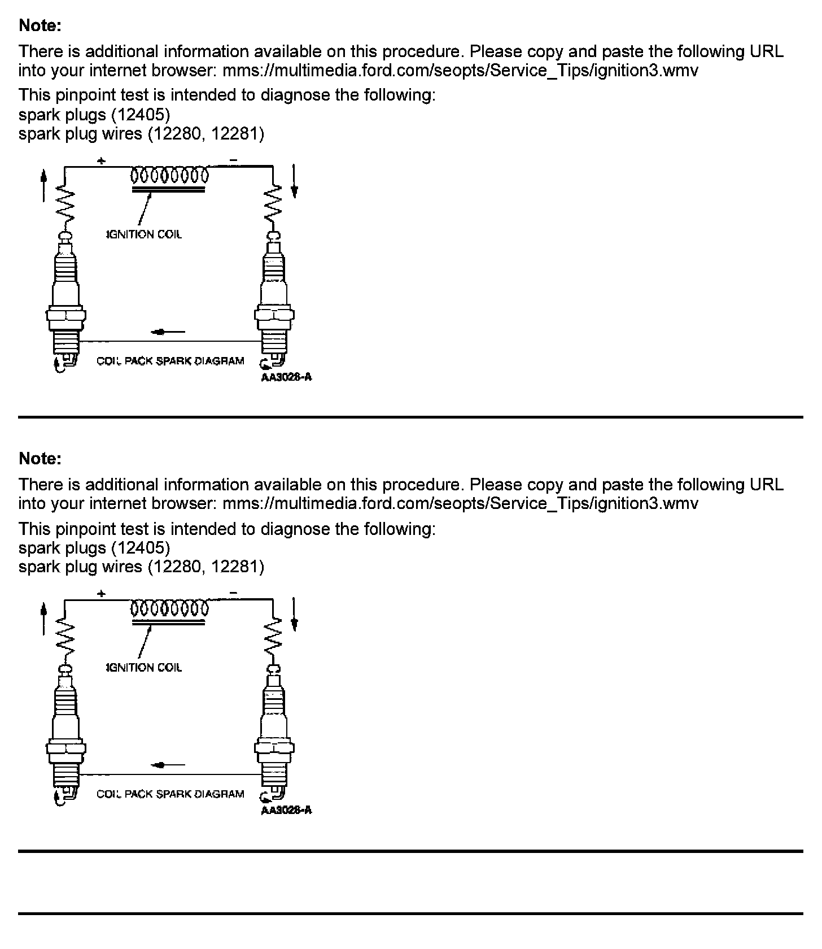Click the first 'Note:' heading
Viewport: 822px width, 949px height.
40,25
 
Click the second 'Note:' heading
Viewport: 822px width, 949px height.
40,459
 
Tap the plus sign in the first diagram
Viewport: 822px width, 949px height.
101,161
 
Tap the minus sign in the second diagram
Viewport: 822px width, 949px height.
234,594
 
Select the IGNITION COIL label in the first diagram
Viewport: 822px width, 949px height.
145,234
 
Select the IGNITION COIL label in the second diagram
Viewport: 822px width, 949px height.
145,668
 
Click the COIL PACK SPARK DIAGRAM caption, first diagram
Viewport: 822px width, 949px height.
170,361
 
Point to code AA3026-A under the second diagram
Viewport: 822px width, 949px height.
286,811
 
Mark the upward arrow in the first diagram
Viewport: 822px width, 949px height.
44,186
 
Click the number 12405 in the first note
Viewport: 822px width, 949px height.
140,115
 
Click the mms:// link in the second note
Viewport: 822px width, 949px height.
460,503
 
